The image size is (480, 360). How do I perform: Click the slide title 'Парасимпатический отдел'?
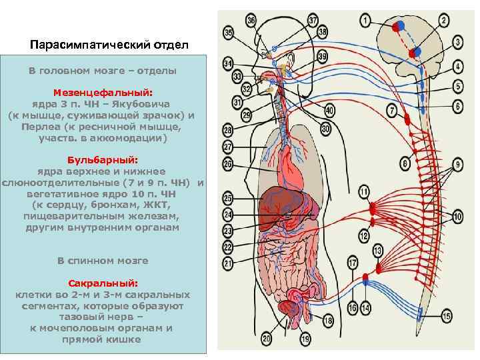pyautogui.click(x=110, y=45)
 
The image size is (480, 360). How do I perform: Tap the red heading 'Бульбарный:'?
pyautogui.click(x=103, y=160)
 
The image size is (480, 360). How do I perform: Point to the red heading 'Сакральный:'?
pyautogui.click(x=103, y=283)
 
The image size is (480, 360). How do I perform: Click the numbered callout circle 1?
pyautogui.click(x=365, y=21)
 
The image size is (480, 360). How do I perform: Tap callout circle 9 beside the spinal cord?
pyautogui.click(x=457, y=164)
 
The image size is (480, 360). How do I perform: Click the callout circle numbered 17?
pyautogui.click(x=352, y=263)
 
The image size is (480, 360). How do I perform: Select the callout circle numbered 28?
pyautogui.click(x=227, y=129)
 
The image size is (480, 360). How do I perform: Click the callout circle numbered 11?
pyautogui.click(x=364, y=192)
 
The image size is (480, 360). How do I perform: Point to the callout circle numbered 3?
pyautogui.click(x=458, y=42)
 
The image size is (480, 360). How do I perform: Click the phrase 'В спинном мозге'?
pyautogui.click(x=103, y=260)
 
